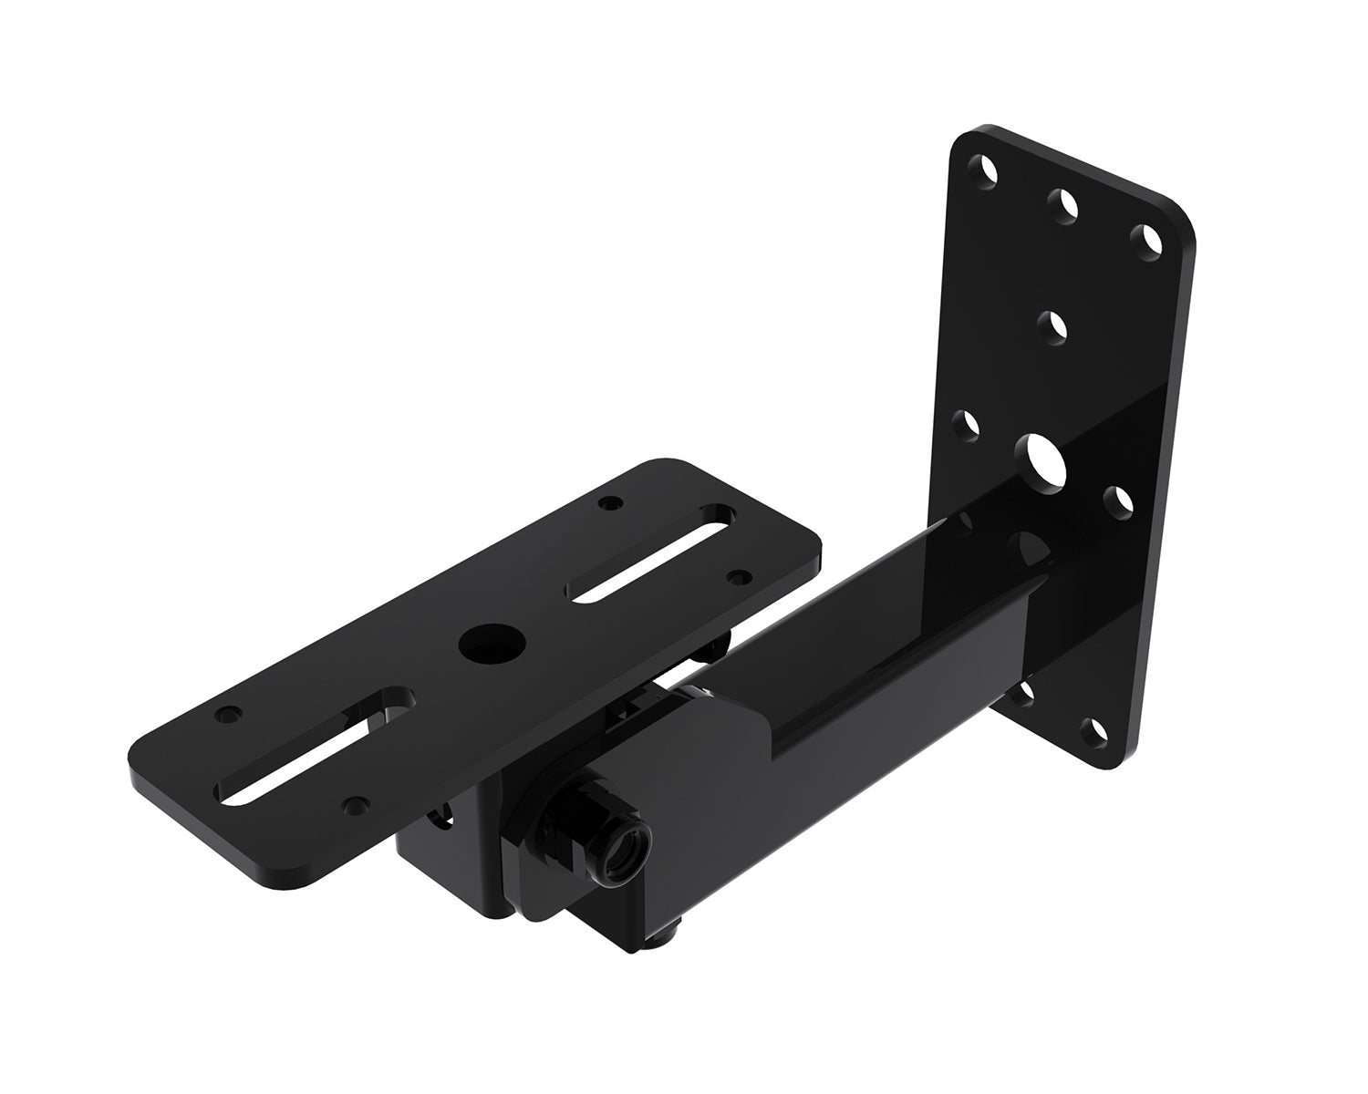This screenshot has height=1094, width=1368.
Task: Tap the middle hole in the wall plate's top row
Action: click(1062, 205)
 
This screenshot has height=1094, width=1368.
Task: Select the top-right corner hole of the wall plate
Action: click(1145, 242)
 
